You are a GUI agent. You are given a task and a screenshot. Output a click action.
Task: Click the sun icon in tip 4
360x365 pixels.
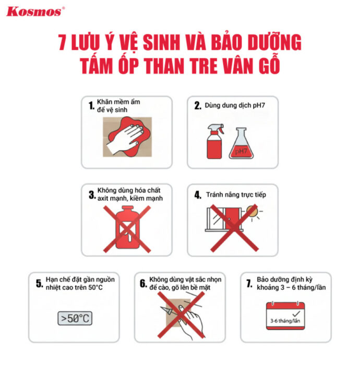253,211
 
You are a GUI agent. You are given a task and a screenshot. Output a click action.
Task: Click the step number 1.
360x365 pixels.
91,106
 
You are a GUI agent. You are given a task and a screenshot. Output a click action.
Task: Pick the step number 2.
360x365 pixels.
198,106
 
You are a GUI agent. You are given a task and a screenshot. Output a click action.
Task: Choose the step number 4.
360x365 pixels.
198,195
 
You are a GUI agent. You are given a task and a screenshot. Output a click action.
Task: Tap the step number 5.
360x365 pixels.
39,284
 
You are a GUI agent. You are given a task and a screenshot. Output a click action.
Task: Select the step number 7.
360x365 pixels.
249,284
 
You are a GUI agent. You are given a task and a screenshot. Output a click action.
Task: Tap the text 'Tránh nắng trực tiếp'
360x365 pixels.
236,195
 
